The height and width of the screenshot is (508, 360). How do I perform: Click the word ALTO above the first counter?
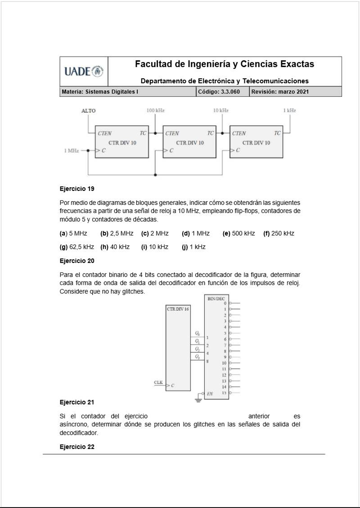tap(88, 110)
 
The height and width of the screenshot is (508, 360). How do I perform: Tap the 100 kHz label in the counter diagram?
tap(155, 110)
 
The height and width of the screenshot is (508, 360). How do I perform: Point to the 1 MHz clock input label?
tap(71, 150)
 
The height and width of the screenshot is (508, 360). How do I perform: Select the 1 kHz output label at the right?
tap(289, 110)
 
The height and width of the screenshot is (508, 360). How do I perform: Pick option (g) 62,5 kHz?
tap(77, 247)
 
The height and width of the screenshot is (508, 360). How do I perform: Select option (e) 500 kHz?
tap(238, 233)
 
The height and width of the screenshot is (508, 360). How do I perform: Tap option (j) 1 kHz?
tap(193, 247)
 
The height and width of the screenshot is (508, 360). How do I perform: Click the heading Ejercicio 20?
tap(77, 260)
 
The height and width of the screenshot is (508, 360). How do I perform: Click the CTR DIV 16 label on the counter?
tap(178, 309)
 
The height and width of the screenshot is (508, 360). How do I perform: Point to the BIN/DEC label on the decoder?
tap(216, 299)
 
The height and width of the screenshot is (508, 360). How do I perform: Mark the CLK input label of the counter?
tap(158, 382)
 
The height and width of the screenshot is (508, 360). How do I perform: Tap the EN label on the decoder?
tap(210, 394)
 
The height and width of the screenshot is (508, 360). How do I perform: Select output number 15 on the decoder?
tap(224, 393)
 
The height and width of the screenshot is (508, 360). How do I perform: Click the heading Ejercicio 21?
tap(77, 402)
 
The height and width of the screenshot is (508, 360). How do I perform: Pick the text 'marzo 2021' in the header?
tap(294, 91)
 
